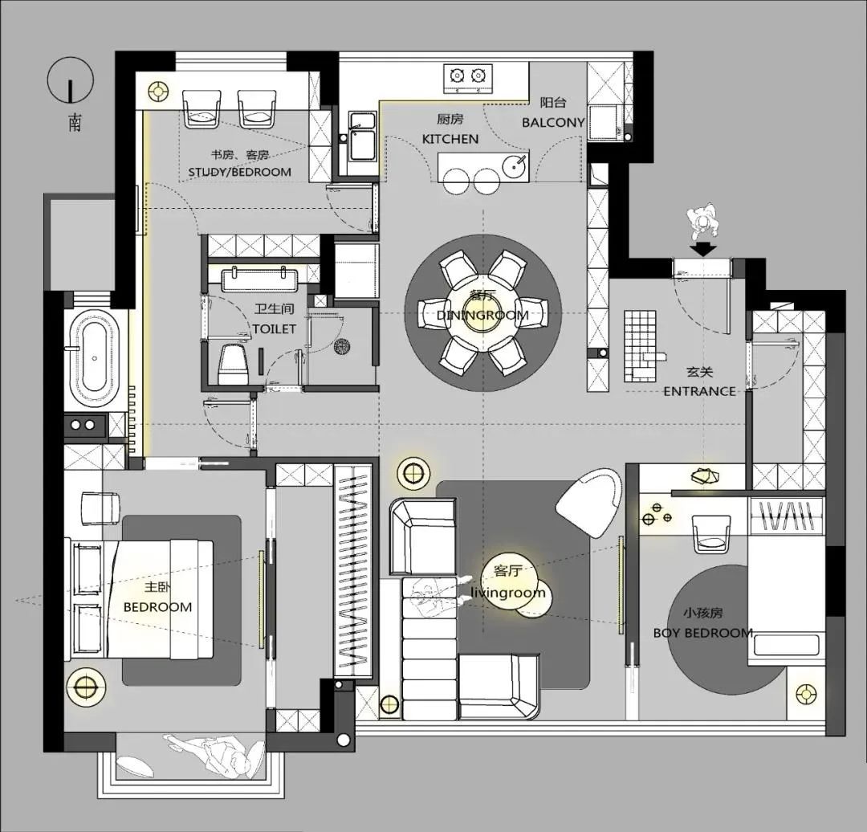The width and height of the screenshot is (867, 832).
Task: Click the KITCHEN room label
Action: (450, 139)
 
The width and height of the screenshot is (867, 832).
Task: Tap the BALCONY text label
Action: (553, 122)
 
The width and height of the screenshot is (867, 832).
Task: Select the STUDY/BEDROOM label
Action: (239, 172)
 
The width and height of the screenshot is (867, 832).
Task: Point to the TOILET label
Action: (275, 329)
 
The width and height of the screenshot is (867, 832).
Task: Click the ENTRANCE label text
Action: (699, 392)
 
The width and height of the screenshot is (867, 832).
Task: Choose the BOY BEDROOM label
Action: (702, 633)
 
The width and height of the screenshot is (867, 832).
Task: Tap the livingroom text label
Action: (507, 593)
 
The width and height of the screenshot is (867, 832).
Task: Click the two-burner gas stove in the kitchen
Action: (468, 78)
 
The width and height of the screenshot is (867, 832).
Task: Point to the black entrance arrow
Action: (703, 249)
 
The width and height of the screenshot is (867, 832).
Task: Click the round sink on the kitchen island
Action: (515, 165)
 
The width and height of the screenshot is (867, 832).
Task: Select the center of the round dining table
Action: (482, 314)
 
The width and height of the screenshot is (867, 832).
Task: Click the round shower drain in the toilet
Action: (342, 346)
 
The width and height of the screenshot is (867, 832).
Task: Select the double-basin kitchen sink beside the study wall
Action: (362, 143)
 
